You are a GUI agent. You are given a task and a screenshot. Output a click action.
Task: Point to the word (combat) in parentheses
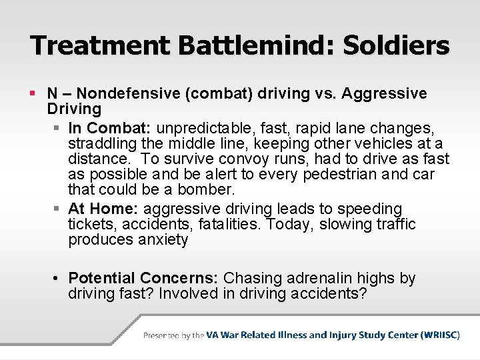[x=223, y=93]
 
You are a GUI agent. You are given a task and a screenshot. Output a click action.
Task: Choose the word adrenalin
[x=313, y=277]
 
